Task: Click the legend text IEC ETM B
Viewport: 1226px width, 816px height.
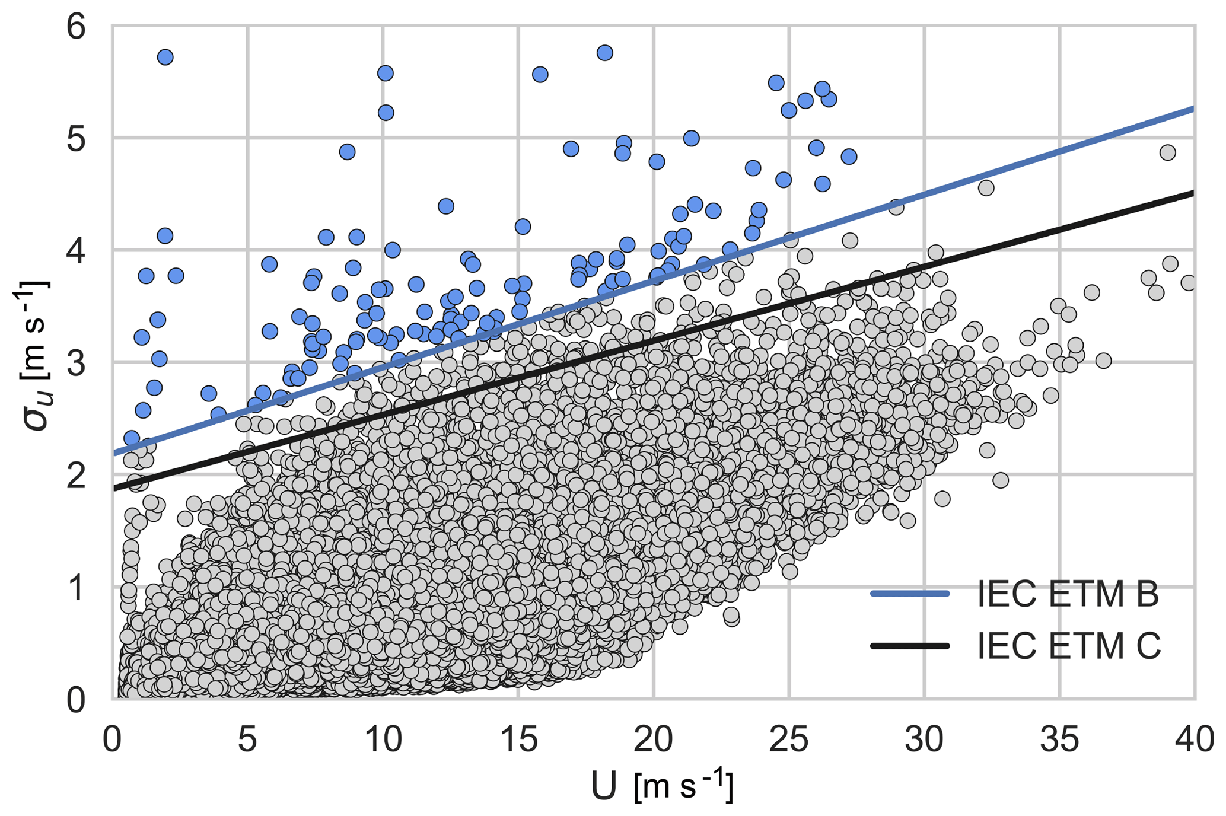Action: click(x=1068, y=594)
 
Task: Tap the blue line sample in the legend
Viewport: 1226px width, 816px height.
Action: click(x=910, y=594)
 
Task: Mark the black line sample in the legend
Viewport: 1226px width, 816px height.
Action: click(x=910, y=645)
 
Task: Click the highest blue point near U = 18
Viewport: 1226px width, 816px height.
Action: click(x=604, y=53)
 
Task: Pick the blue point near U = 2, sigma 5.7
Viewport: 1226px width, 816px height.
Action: click(x=165, y=57)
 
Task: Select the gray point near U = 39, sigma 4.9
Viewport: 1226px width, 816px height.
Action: click(x=1167, y=152)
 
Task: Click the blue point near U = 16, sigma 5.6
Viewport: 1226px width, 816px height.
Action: click(x=540, y=74)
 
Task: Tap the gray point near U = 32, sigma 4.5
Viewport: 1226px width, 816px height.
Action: click(x=986, y=188)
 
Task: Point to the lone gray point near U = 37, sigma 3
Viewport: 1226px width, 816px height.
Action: click(x=1103, y=361)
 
